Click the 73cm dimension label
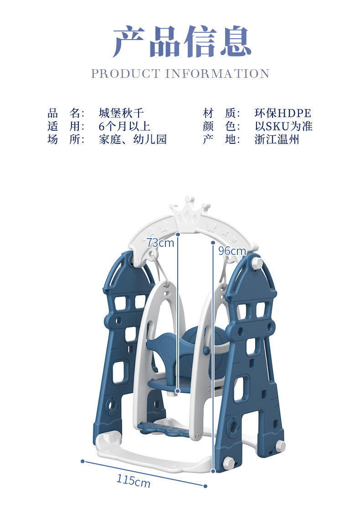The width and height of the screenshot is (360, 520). (x=160, y=243)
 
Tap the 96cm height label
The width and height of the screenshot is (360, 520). (x=231, y=251)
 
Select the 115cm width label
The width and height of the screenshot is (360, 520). (x=133, y=479)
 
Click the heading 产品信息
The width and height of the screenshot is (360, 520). (x=182, y=42)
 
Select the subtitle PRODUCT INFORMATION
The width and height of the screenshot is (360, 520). (x=180, y=74)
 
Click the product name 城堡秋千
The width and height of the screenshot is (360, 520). (x=121, y=113)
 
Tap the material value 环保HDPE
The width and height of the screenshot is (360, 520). (x=283, y=113)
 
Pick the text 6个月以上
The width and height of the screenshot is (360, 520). (x=124, y=126)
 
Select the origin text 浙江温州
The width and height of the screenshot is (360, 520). (x=277, y=139)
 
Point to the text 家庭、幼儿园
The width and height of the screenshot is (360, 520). (x=133, y=139)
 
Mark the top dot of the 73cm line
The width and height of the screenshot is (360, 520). (x=177, y=234)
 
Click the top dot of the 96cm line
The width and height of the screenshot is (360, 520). (x=213, y=243)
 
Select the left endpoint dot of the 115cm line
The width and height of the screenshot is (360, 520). (x=82, y=461)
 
